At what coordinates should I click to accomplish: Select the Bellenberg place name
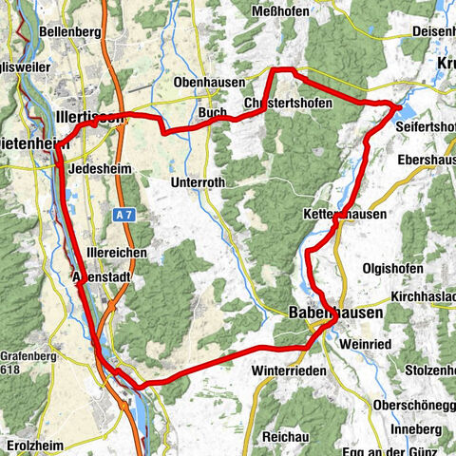pos(72,31)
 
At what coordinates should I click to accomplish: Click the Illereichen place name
pos(117,255)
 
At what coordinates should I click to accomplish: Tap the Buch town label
pos(212,112)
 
